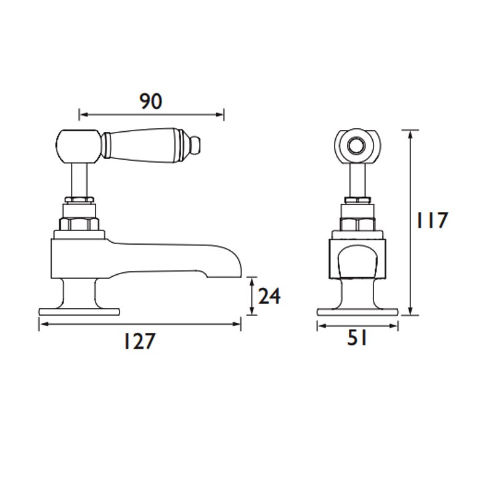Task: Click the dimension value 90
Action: (151, 102)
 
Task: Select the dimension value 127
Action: (140, 341)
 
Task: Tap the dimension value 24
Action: (269, 296)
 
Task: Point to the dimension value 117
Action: (431, 220)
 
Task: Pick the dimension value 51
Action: (357, 338)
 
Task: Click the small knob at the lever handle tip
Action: (196, 144)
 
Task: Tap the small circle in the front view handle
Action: (356, 146)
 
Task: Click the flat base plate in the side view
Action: (79, 312)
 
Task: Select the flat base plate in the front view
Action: (357, 312)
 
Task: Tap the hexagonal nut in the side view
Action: (79, 224)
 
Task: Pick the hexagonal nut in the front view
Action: (357, 224)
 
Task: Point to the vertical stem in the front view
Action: (357, 180)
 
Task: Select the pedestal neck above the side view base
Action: (79, 294)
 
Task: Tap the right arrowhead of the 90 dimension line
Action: (221, 115)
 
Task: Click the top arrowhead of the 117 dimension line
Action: (410, 134)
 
